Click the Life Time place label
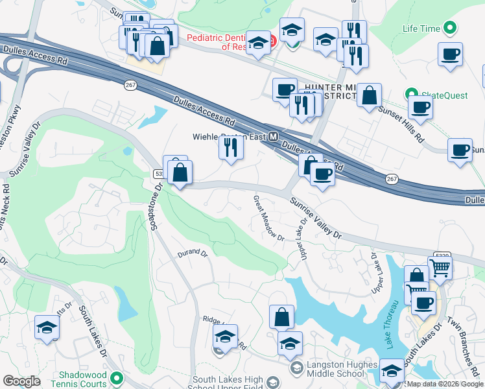tap(420, 29)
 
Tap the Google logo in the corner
tap(21, 381)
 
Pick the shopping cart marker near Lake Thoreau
tap(440, 266)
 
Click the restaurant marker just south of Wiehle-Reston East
tap(230, 148)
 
